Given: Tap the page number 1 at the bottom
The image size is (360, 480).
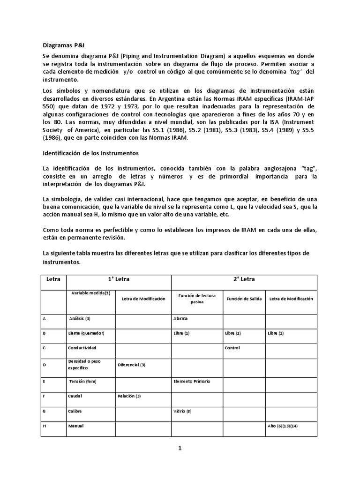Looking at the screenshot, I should coord(180,448).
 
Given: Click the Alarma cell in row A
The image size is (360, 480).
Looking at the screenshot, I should coord(180,318).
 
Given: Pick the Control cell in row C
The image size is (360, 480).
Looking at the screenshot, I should coord(232,348).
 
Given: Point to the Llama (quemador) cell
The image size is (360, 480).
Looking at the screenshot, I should coord(86,333).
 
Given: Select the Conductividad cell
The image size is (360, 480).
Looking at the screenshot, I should coord(82,348).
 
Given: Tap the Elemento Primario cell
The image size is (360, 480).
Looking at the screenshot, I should coord(192,381).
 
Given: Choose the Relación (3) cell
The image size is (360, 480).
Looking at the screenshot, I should coord(129,396).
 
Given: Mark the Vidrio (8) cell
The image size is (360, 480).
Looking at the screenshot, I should coord(182,411).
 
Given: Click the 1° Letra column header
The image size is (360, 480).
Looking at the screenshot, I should coord(119,279).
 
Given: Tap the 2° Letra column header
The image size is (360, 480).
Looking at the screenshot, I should coord(244,279).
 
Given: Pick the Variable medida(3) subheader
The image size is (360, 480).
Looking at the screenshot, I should coord(91,293).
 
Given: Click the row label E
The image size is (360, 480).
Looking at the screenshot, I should coord(44,381).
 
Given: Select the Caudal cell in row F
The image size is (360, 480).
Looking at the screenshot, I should coord(75,396).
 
